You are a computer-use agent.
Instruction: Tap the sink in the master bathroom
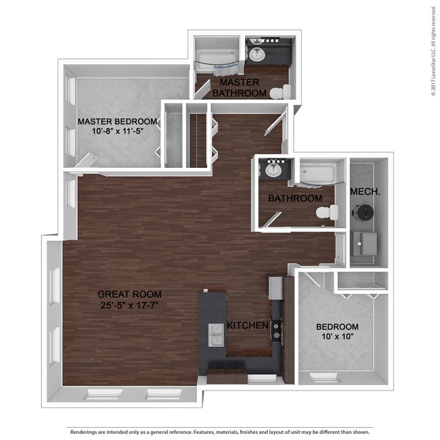tap(257, 54)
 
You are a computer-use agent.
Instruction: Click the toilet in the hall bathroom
tap(327, 213)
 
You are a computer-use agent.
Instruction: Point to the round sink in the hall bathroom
tap(273, 170)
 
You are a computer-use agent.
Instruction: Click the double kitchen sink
tap(216, 335)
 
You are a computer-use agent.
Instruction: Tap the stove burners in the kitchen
tap(277, 330)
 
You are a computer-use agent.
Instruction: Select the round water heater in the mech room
tap(363, 213)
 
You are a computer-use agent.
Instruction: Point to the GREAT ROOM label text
tap(130, 294)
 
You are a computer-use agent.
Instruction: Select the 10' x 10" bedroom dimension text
tap(337, 336)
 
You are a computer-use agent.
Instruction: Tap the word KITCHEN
tap(248, 325)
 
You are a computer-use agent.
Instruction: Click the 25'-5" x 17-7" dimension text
tap(130, 305)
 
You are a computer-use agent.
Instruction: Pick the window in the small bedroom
tap(325, 378)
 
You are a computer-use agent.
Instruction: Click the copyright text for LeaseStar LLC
tap(433, 51)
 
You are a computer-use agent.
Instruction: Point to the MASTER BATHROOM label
tap(240, 87)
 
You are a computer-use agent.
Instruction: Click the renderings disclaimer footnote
tap(220, 432)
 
